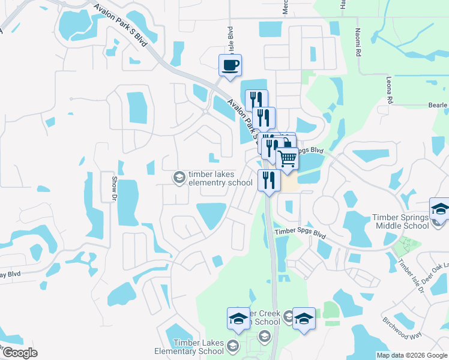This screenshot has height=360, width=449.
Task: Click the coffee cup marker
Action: (229, 65)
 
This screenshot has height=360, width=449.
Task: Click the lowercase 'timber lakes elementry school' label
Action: (220, 178)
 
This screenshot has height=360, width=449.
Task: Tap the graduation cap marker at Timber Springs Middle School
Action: (440, 210)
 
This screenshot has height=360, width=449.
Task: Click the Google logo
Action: (19, 353)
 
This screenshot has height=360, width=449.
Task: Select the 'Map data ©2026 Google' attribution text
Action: (412, 355)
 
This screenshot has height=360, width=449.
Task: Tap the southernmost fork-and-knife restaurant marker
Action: (268, 181)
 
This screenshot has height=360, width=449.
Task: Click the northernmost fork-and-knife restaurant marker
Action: (256, 100)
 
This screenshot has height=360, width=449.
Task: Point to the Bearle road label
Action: (438, 106)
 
